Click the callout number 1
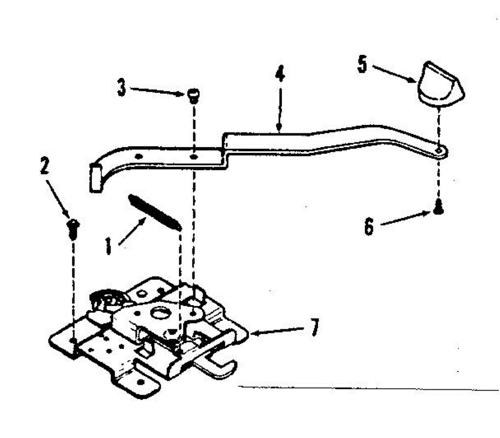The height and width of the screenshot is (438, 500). pyautogui.click(x=108, y=246)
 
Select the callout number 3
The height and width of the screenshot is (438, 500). pyautogui.click(x=121, y=88)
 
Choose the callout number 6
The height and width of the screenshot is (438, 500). pyautogui.click(x=369, y=227)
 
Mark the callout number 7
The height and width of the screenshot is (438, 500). pyautogui.click(x=315, y=327)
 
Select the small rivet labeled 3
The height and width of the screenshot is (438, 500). pyautogui.click(x=192, y=96)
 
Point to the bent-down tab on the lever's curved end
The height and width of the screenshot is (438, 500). pyautogui.click(x=95, y=179)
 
